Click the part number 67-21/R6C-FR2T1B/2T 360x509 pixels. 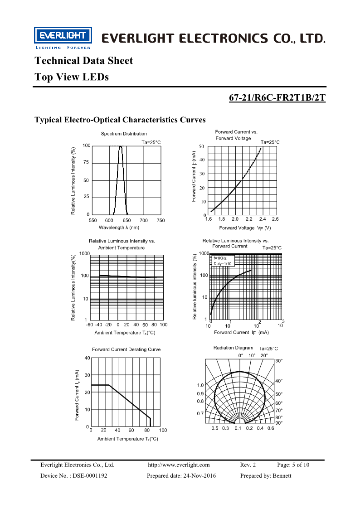277,98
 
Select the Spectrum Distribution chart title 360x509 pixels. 124,134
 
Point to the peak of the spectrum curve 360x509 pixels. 121,146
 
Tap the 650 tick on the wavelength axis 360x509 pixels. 126,220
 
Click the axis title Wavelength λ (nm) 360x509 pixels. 119,228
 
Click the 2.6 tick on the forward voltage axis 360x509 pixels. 275,219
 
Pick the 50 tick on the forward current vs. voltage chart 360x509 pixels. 201,146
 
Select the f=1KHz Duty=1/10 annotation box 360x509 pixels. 222,261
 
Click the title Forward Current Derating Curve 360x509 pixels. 126,349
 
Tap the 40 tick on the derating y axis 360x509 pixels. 87,358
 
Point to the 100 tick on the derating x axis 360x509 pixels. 163,430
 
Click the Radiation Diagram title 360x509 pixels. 233,348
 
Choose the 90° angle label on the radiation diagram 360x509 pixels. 279,423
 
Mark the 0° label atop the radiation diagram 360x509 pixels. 241,355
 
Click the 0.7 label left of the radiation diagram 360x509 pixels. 200,413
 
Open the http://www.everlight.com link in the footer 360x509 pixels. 179,465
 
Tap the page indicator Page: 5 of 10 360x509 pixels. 293,465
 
